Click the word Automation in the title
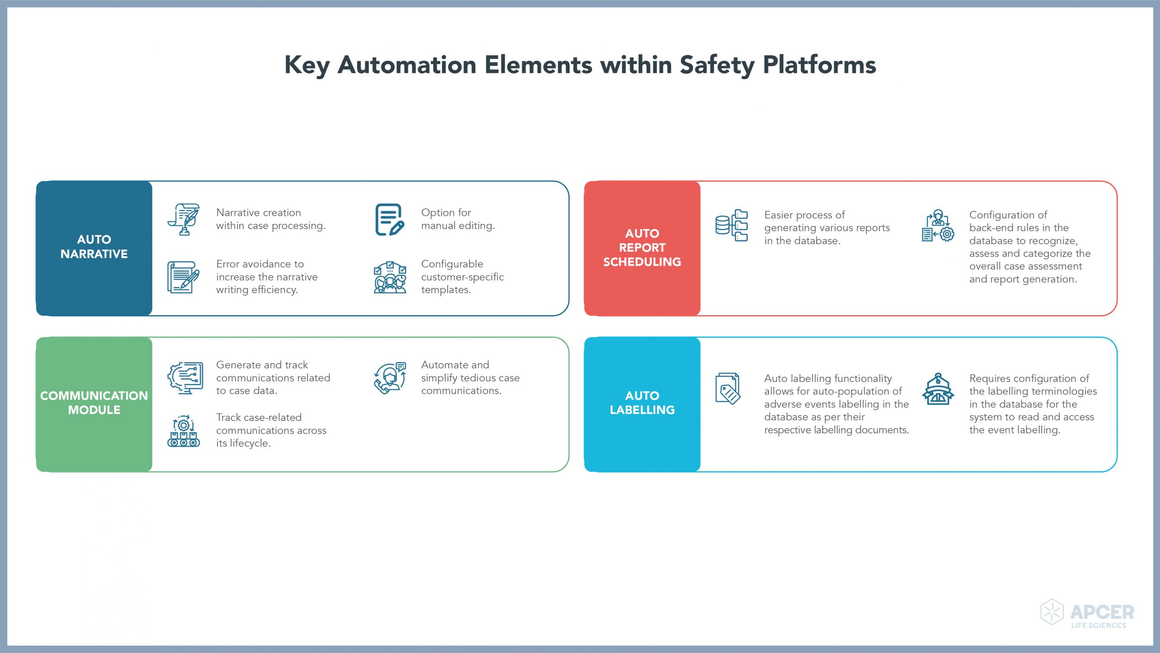click(407, 65)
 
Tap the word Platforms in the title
click(819, 65)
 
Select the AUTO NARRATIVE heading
click(94, 247)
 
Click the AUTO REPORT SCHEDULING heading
click(642, 248)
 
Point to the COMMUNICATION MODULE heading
click(94, 403)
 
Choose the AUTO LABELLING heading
click(642, 403)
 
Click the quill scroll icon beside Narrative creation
click(184, 219)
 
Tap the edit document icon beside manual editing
click(389, 219)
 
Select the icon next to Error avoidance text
click(183, 277)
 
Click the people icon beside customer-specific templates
click(390, 277)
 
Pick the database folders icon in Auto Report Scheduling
click(731, 225)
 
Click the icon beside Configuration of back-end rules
click(938, 225)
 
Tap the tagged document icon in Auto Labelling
click(728, 389)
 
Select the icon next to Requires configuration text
click(938, 389)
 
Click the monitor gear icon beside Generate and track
click(185, 378)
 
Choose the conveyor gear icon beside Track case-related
click(184, 431)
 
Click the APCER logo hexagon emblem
click(1051, 612)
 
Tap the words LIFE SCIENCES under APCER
click(1098, 625)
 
